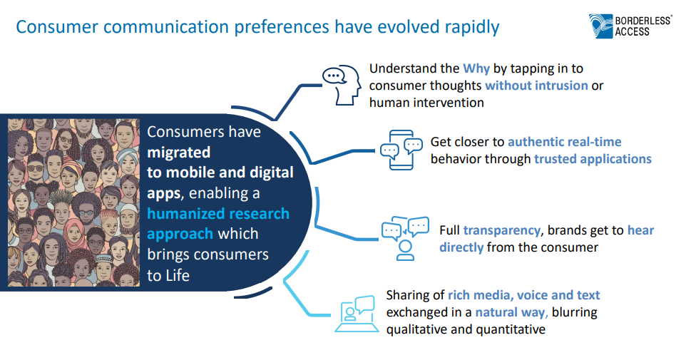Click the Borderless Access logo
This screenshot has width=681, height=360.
(x=630, y=26)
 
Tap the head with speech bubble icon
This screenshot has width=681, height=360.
(x=342, y=85)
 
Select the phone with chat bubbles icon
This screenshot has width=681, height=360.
(x=401, y=150)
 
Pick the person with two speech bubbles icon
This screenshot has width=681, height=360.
(x=405, y=238)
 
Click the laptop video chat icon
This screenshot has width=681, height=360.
(x=356, y=314)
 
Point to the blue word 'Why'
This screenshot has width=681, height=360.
(x=476, y=68)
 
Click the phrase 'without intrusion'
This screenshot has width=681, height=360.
(x=536, y=86)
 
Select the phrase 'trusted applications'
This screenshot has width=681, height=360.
(x=593, y=160)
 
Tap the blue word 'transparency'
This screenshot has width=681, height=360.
(x=501, y=230)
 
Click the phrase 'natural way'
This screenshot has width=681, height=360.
(x=511, y=313)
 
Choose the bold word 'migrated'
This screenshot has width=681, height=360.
(x=178, y=153)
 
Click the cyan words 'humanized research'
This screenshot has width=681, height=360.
(x=218, y=214)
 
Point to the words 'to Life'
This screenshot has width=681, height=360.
(x=168, y=275)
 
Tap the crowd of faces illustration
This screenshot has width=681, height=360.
(x=74, y=202)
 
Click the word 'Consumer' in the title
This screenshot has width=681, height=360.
(x=57, y=27)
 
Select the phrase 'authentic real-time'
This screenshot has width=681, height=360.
(x=565, y=142)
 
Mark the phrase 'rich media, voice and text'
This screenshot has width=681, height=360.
(x=524, y=295)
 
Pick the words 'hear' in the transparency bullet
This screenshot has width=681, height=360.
(x=641, y=230)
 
